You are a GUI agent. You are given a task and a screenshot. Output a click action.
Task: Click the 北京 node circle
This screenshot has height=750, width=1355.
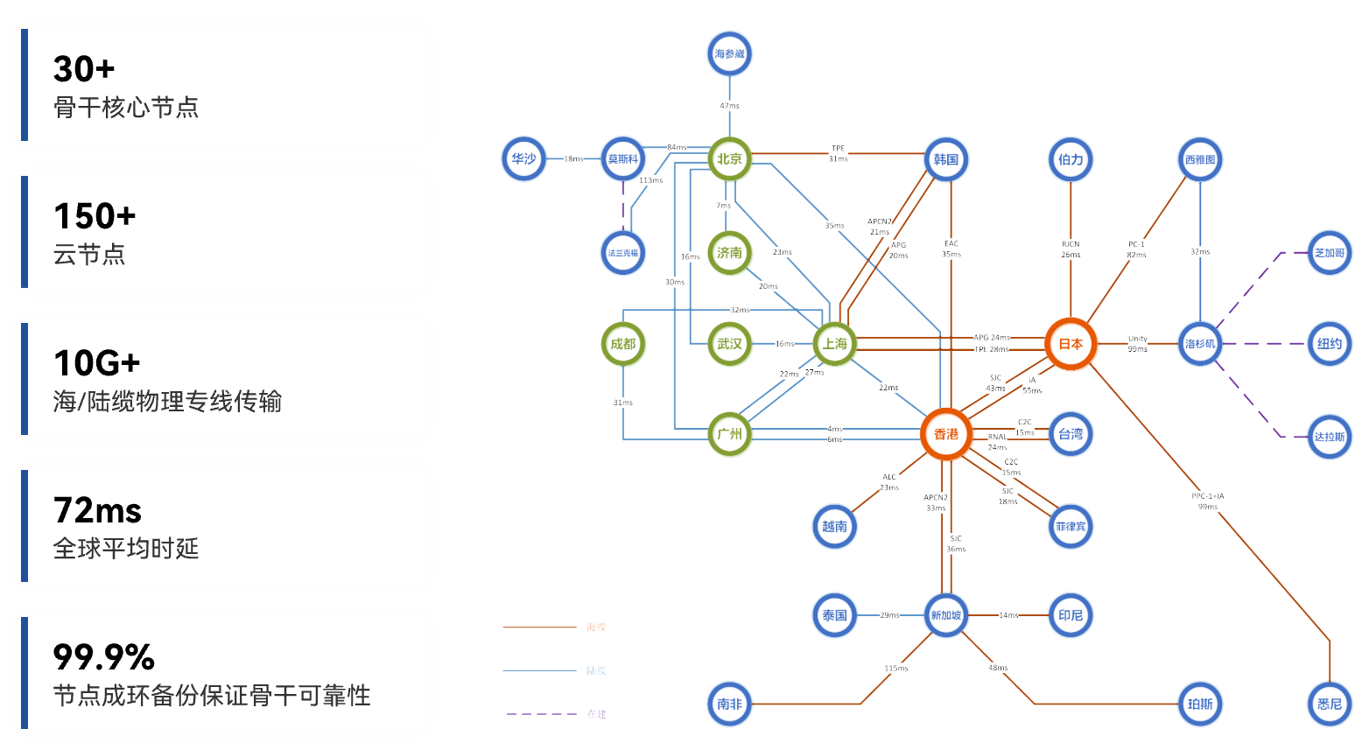[x=729, y=159]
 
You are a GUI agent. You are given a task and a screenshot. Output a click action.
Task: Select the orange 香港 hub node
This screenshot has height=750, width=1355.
[x=945, y=434]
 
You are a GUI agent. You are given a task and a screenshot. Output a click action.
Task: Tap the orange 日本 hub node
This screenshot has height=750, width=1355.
[x=1071, y=344]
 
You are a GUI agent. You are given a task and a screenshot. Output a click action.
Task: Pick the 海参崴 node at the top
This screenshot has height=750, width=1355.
[x=729, y=54]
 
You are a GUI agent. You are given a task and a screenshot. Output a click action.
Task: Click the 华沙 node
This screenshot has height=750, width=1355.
[x=523, y=159]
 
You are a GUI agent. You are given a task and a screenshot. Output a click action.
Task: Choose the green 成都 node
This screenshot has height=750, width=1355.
[x=623, y=344]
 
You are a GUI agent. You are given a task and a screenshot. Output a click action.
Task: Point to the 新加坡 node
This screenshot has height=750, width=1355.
[x=945, y=615]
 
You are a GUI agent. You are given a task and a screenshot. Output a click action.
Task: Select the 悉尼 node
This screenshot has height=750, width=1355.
[x=1329, y=704]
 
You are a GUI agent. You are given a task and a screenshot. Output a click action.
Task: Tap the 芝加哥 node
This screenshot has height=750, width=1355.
[x=1329, y=253]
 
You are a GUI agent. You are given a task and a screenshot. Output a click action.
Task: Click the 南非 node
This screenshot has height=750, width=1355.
[x=729, y=704]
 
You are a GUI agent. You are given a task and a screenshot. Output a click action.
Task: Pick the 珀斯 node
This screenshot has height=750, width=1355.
[x=1199, y=704]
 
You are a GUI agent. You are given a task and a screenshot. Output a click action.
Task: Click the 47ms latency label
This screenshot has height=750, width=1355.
[x=729, y=106]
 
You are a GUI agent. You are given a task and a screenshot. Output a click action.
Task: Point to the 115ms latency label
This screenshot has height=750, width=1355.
[x=895, y=669]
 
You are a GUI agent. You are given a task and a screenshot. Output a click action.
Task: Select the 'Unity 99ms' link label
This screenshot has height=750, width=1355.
[x=1137, y=344]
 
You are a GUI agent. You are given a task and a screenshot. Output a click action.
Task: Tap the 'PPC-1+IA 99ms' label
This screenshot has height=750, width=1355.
[x=1207, y=501]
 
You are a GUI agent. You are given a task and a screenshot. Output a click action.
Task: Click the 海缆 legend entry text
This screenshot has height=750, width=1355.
[x=596, y=627]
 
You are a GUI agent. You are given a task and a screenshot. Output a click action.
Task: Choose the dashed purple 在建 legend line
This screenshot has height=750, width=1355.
[x=541, y=714]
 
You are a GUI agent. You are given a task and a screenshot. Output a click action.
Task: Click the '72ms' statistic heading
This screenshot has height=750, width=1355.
[x=97, y=510]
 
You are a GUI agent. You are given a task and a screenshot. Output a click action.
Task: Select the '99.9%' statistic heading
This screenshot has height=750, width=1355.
[x=103, y=657]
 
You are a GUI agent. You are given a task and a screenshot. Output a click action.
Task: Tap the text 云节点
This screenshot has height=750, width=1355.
[x=89, y=255]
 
